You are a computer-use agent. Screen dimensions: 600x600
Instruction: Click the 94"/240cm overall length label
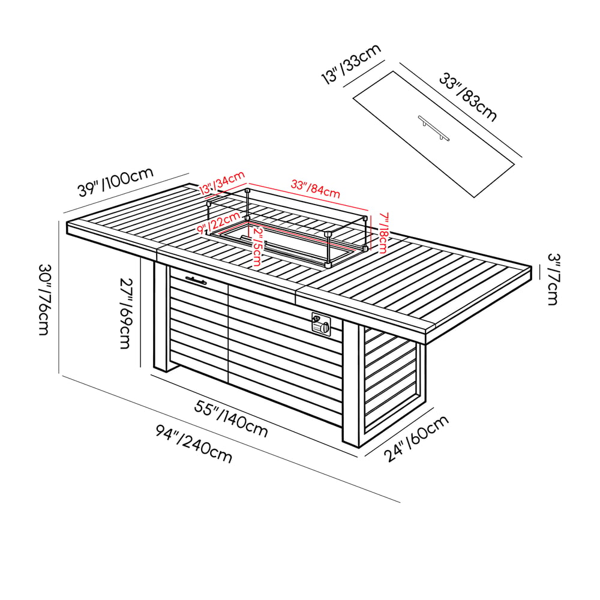pyautogui.click(x=194, y=444)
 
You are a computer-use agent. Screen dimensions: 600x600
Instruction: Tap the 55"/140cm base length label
pyautogui.click(x=231, y=419)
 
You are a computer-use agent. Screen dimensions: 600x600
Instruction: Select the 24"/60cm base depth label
pyautogui.click(x=417, y=438)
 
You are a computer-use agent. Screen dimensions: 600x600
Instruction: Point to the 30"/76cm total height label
pyautogui.click(x=44, y=299)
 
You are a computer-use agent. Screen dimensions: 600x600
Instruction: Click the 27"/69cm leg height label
pyautogui.click(x=126, y=313)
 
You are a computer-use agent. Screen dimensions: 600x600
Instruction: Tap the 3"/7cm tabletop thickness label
pyautogui.click(x=553, y=279)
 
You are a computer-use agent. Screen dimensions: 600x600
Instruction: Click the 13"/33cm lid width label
pyautogui.click(x=351, y=64)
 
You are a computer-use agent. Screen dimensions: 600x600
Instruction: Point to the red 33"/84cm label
pyautogui.click(x=316, y=189)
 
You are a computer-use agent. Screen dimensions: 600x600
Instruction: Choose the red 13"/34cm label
pyautogui.click(x=222, y=182)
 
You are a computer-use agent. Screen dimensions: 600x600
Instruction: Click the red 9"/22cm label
pyautogui.click(x=218, y=223)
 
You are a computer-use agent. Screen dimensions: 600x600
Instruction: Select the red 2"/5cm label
pyautogui.click(x=257, y=247)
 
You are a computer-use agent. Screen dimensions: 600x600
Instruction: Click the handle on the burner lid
pyautogui.click(x=434, y=127)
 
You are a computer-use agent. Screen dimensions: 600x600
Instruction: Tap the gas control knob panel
pyautogui.click(x=321, y=324)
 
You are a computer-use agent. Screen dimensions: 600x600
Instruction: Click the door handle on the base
pyautogui.click(x=196, y=280)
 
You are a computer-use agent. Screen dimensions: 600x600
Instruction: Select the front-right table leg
pyautogui.click(x=351, y=384)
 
